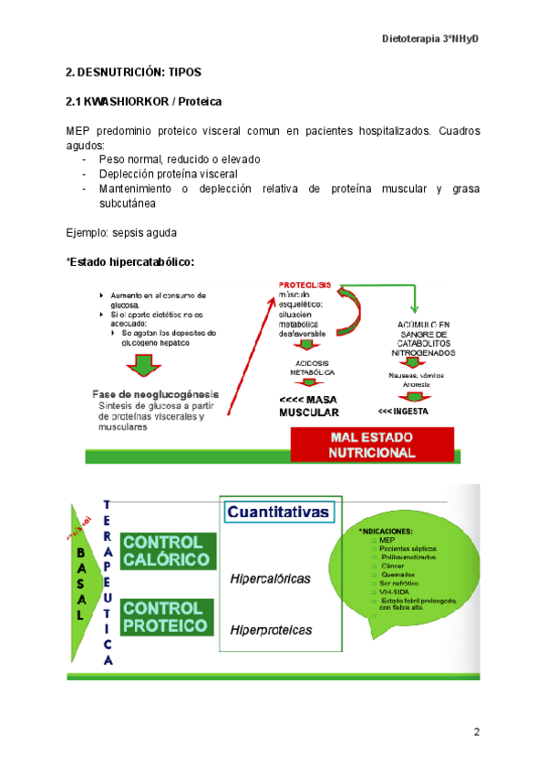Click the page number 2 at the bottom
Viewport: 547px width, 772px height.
pos(476,732)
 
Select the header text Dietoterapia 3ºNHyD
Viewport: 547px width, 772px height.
pos(429,40)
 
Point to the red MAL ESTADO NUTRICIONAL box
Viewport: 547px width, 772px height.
pos(371,445)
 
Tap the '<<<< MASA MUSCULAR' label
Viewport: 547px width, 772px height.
pos(309,406)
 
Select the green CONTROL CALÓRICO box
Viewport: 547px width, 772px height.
pos(169,551)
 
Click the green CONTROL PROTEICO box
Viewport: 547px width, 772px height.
pos(168,616)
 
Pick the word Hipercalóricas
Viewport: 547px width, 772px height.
pos(270,578)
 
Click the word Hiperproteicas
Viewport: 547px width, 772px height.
pos(271,630)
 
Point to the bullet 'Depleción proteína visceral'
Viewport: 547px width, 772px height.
pos(169,173)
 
